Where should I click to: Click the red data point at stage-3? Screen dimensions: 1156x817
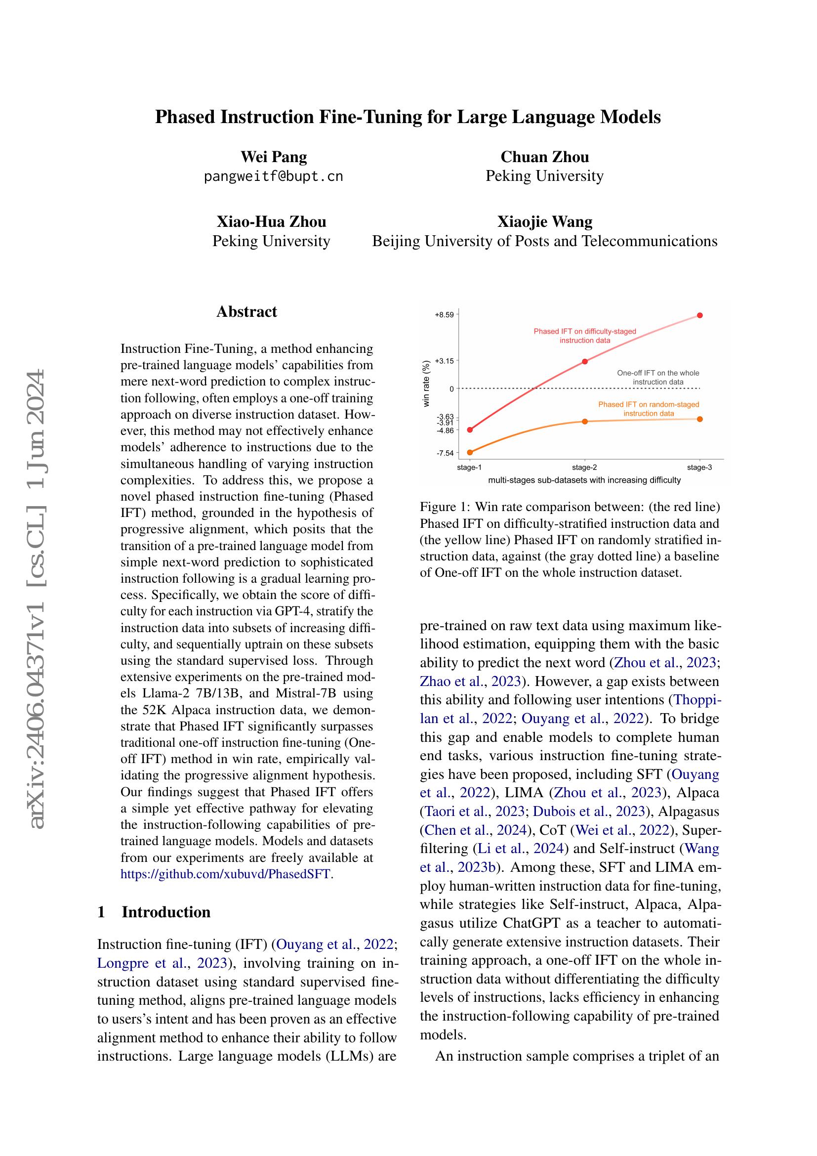[x=700, y=315]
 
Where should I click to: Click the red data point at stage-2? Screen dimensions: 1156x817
[x=584, y=361]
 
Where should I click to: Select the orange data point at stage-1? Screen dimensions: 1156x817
[x=470, y=453]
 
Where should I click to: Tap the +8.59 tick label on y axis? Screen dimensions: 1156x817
[x=444, y=315]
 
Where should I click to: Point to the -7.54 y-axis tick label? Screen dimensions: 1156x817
[x=445, y=453]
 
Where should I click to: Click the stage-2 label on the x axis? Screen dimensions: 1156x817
[x=584, y=468]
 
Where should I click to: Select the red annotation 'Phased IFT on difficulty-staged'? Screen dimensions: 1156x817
[x=584, y=331]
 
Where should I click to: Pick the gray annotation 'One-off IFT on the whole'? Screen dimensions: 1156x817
[x=657, y=373]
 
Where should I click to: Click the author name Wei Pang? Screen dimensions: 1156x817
[x=274, y=157]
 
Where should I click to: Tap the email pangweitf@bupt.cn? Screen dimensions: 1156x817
[x=273, y=177]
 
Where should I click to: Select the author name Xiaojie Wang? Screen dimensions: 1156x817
[x=544, y=221]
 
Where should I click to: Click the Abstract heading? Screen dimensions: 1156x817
[x=246, y=312]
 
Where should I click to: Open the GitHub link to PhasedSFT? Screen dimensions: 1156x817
[x=226, y=873]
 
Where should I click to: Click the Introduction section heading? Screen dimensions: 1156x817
[x=165, y=912]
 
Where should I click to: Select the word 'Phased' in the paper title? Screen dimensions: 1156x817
[x=184, y=117]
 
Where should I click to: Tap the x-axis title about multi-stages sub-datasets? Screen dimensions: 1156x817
[x=584, y=480]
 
